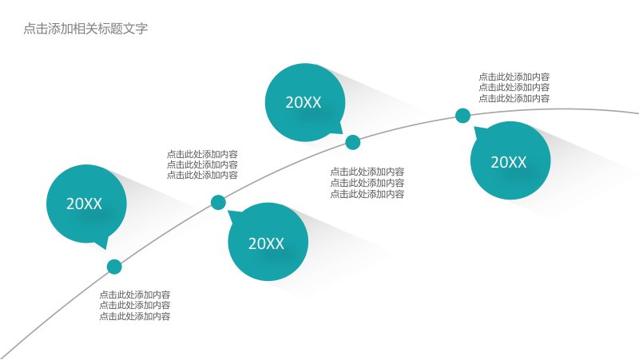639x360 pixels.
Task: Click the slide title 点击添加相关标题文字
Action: tap(85, 29)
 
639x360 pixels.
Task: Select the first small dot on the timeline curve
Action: tap(114, 267)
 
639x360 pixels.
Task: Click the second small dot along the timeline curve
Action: tap(218, 203)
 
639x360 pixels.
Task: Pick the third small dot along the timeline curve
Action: tap(352, 143)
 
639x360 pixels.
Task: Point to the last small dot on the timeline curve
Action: tap(462, 116)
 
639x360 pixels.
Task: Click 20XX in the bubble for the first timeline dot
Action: tap(84, 204)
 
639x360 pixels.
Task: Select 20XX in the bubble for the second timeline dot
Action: tap(266, 243)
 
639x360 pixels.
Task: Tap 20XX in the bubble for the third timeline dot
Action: tap(304, 102)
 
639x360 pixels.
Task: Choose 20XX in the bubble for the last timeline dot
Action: tap(509, 162)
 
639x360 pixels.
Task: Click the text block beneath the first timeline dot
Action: tap(135, 306)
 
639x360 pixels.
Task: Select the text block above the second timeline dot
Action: tap(202, 164)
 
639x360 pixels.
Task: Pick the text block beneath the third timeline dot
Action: tap(367, 183)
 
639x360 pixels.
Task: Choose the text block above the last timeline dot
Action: tap(514, 87)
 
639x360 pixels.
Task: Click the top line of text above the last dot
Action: tap(514, 77)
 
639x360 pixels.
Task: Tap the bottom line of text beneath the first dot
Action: tap(135, 316)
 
